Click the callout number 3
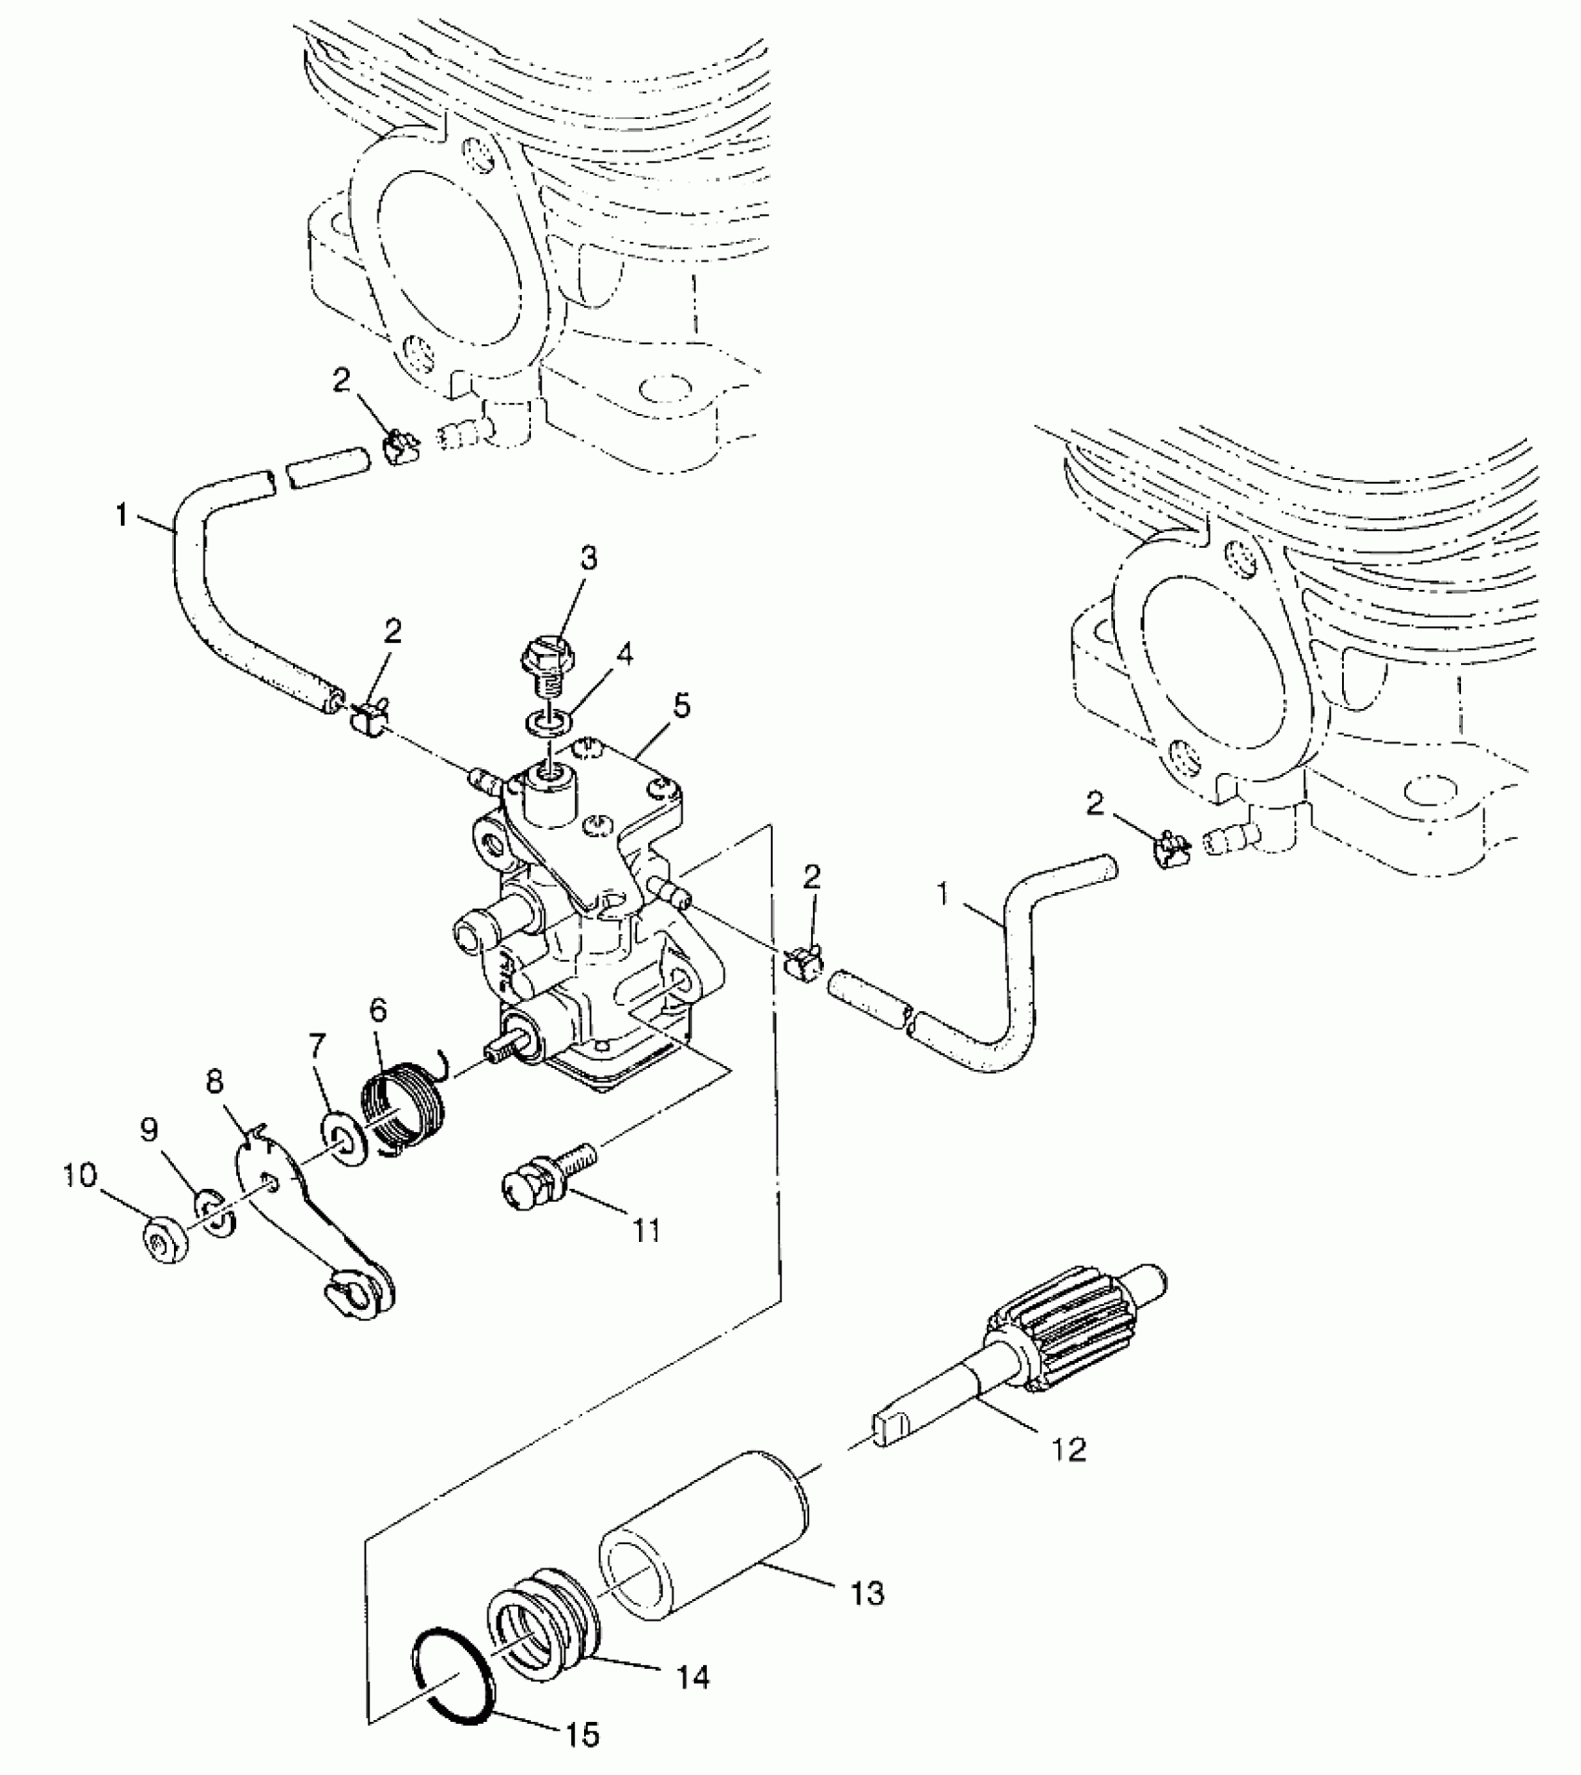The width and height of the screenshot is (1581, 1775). pos(589,558)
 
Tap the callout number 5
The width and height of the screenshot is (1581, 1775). pos(682,708)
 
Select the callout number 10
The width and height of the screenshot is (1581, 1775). pos(80,1178)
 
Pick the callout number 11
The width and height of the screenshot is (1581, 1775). pos(647,1231)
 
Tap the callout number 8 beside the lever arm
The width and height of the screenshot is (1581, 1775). pos(216,1082)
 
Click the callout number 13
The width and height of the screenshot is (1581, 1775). pos(867,1594)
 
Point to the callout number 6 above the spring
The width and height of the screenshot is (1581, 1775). pos(377,1009)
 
